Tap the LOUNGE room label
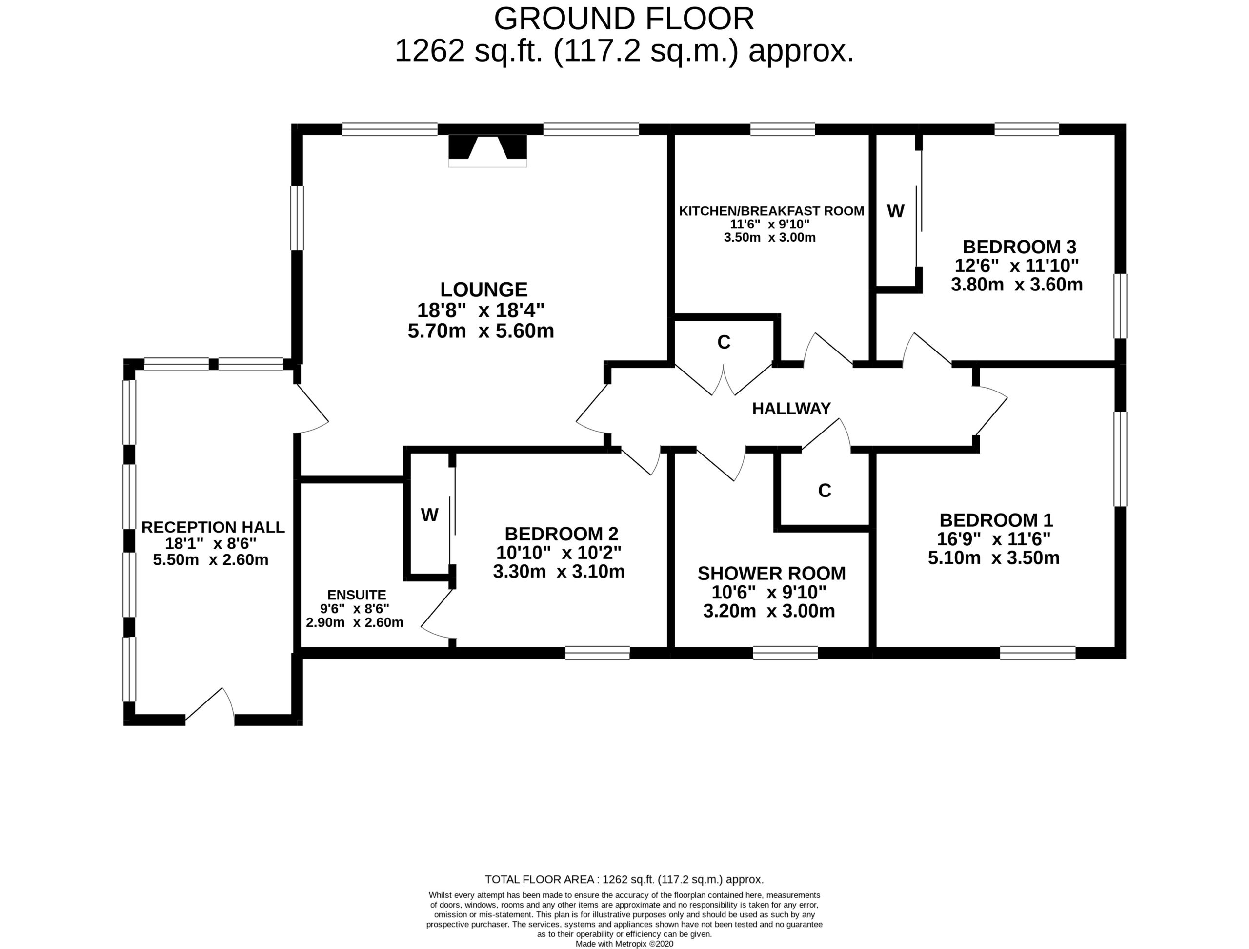tap(484, 290)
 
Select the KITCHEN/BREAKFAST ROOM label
tap(771, 211)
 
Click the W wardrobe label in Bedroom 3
tap(896, 211)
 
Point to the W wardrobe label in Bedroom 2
tap(430, 515)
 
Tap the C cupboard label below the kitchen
tap(724, 342)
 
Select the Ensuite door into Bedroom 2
tap(437, 618)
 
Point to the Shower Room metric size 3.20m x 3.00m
tap(769, 611)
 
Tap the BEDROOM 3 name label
tap(1019, 247)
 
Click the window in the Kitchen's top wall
tap(783, 129)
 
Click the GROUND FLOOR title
tap(624, 19)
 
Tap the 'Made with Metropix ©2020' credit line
tap(624, 943)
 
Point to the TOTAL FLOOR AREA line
tap(624, 880)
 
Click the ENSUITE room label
tap(357, 595)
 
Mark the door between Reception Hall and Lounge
tap(310, 409)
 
